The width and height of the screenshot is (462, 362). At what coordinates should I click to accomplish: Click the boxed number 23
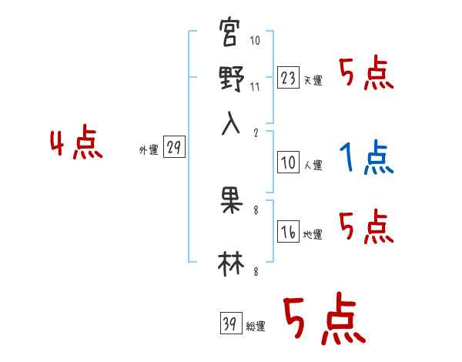click(x=287, y=77)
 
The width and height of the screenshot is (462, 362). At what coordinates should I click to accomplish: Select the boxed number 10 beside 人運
click(x=287, y=162)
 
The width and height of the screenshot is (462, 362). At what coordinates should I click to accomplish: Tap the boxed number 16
click(x=287, y=232)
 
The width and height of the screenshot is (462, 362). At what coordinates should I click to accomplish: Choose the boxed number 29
click(x=174, y=148)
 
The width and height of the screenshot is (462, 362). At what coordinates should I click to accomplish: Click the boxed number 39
click(x=229, y=323)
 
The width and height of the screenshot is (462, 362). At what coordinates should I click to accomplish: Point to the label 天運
click(x=313, y=80)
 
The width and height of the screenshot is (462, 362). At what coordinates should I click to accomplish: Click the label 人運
click(x=313, y=165)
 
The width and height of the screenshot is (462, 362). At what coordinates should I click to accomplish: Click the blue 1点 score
click(x=365, y=158)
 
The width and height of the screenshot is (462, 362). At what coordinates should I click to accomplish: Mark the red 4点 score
click(x=75, y=145)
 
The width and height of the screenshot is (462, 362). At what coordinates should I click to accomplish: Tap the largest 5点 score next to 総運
click(x=323, y=321)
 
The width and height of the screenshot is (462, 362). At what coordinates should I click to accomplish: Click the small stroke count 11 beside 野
click(x=255, y=86)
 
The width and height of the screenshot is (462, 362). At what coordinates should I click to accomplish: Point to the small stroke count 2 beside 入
click(x=255, y=131)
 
